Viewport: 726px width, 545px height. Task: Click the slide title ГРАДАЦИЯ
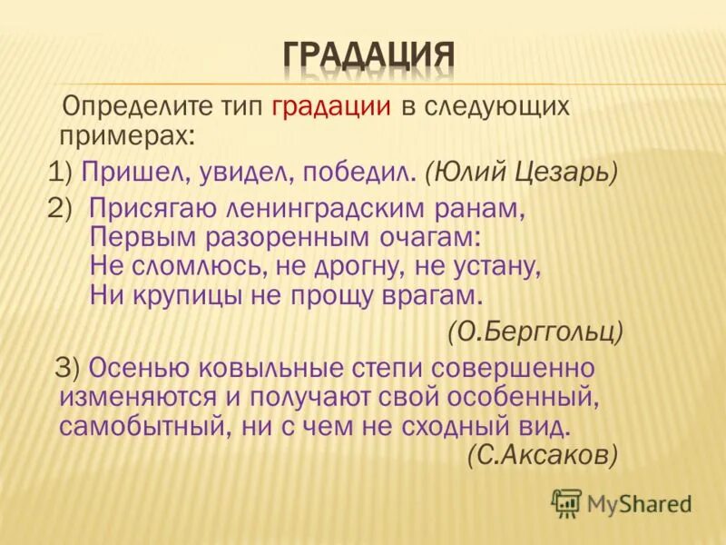(x=368, y=56)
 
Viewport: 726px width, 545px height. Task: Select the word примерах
(x=127, y=136)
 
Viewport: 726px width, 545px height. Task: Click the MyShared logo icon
(x=566, y=502)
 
